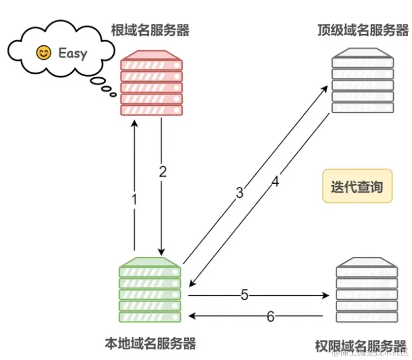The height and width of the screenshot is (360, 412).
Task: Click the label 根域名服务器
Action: [x=150, y=29]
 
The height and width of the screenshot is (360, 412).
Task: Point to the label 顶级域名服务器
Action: [x=363, y=30]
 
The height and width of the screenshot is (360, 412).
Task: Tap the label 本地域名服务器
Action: [x=150, y=343]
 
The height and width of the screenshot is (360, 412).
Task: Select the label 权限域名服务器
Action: [x=360, y=346]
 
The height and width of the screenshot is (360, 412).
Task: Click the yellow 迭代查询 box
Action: [x=357, y=186]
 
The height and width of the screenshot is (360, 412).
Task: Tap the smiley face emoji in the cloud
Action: [x=43, y=53]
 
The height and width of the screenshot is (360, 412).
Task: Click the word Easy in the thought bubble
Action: [x=72, y=53]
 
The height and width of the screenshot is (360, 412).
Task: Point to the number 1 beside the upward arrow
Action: [x=134, y=200]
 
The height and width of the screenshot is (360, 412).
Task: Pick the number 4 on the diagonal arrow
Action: [x=275, y=183]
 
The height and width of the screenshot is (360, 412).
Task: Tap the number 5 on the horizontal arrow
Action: [x=244, y=294]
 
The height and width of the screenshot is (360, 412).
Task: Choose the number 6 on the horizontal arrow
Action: [x=270, y=317]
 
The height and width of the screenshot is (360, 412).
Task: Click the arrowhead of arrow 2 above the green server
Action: [x=163, y=250]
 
